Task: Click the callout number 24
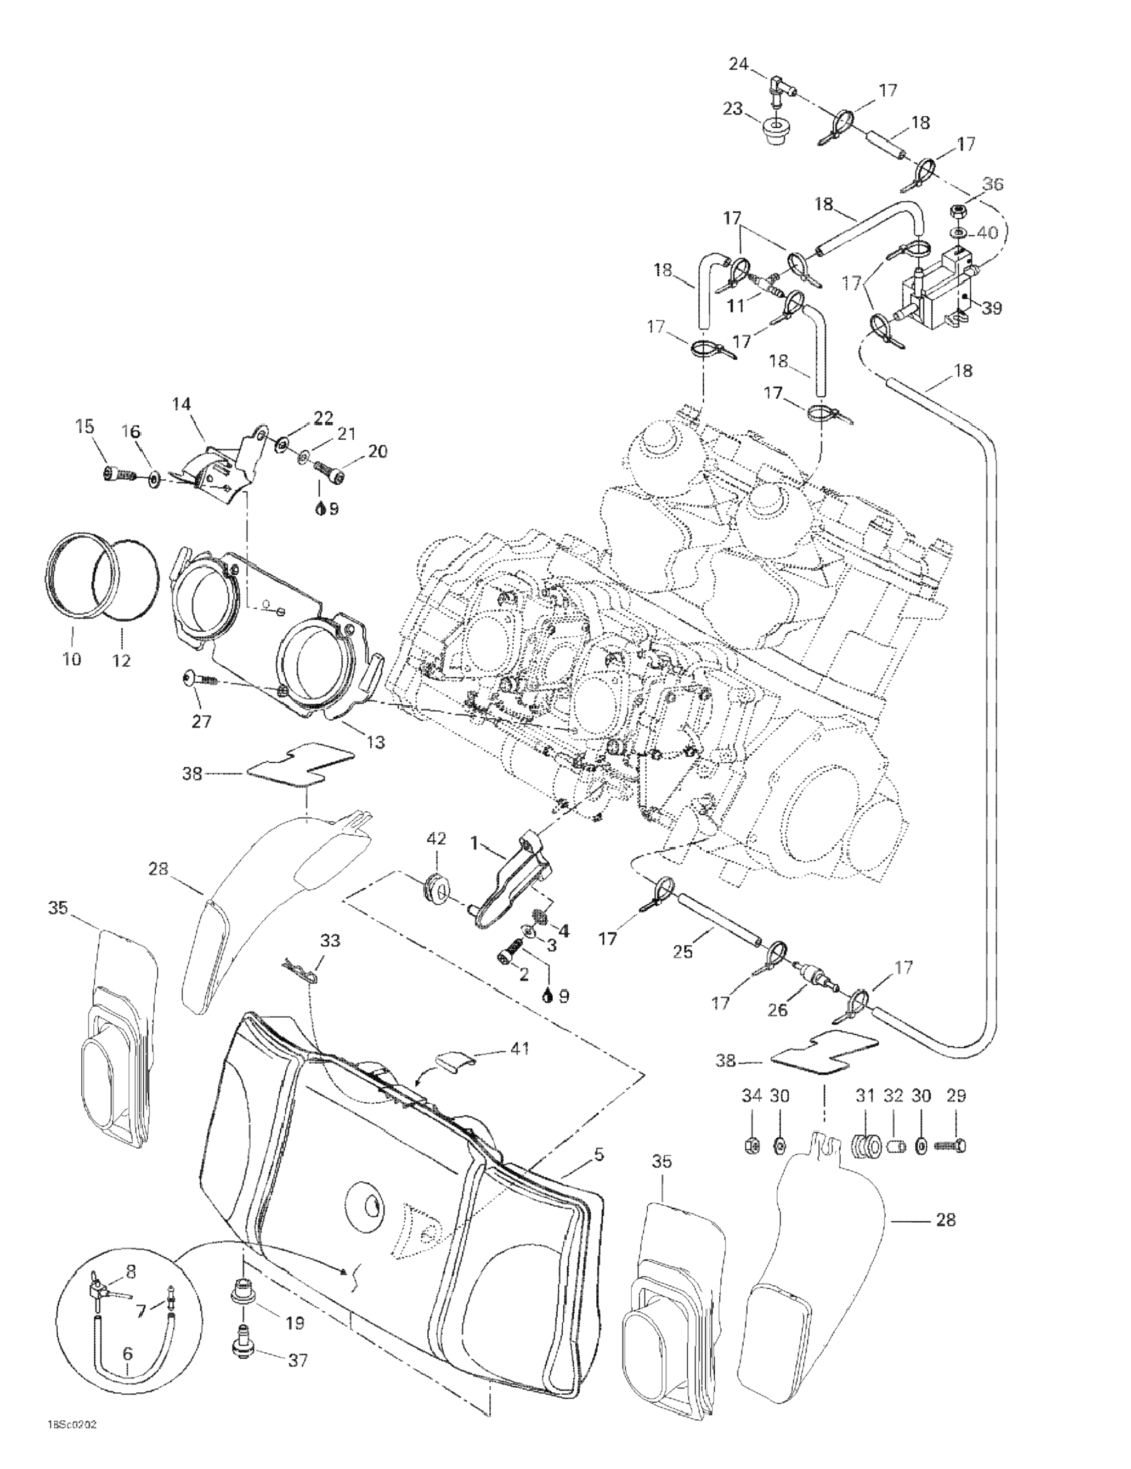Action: pos(738,65)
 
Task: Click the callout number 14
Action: pos(181,404)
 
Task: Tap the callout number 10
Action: pos(72,659)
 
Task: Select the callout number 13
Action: pos(375,742)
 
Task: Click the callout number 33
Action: pos(330,940)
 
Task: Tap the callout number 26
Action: pos(777,1009)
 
